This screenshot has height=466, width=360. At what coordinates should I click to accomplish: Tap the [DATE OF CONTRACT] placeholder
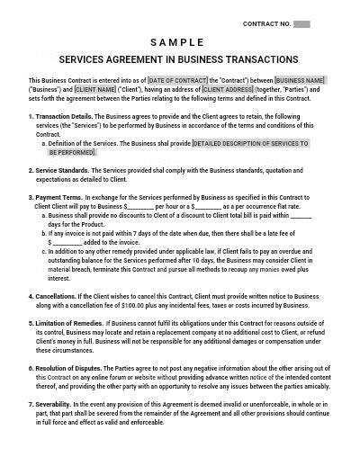[x=181, y=81]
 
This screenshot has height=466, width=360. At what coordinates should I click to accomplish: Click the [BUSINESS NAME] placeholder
[x=301, y=81]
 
